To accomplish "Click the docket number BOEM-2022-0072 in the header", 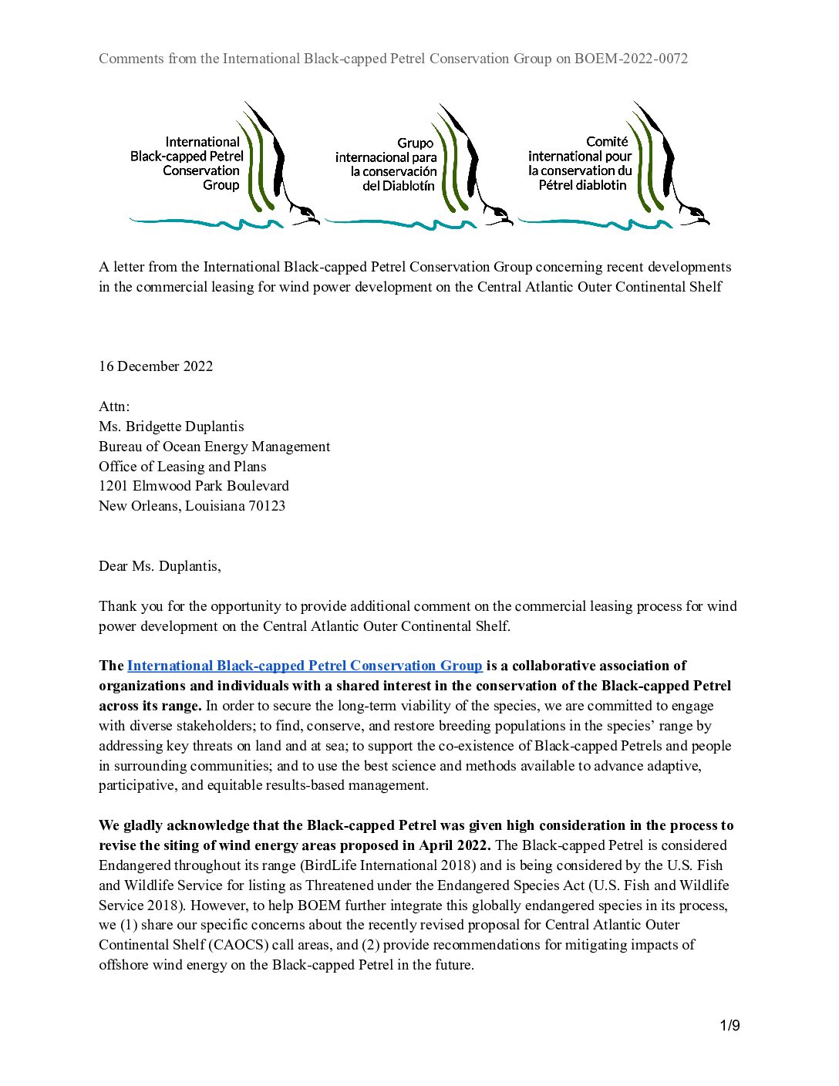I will point(631,59).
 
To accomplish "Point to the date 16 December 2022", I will point(156,366).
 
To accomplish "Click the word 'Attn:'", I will point(114,406).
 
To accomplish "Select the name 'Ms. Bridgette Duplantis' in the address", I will point(171,427).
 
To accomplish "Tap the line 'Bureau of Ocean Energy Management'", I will point(214,447).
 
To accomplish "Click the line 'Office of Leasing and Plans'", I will point(183,467).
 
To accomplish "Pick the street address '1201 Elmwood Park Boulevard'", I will point(194,486).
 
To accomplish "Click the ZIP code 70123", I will point(267,506).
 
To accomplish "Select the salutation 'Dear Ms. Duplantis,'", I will point(160,566).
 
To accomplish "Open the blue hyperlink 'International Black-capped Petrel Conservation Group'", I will point(305,666).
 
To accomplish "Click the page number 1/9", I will point(729,1025).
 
